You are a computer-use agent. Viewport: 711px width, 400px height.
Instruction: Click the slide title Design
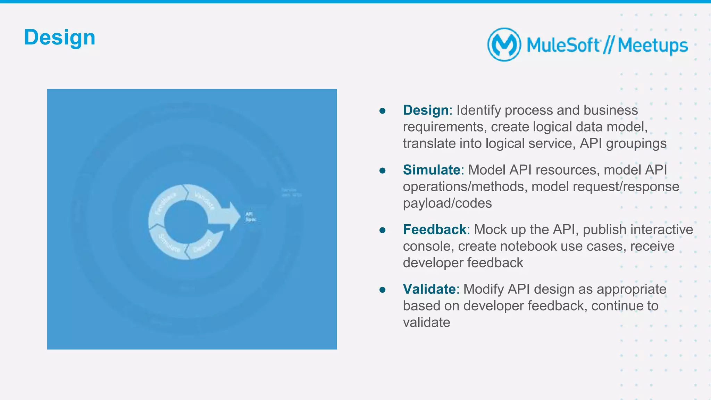tap(59, 37)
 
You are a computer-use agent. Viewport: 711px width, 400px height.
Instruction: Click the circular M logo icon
tap(504, 45)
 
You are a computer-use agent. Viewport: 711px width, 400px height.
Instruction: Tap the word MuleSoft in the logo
tap(563, 45)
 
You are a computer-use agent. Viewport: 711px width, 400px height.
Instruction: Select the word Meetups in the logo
tap(653, 45)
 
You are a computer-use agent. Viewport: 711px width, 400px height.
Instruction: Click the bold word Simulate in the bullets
tap(432, 170)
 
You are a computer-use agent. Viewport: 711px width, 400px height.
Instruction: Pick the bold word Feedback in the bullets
tap(434, 230)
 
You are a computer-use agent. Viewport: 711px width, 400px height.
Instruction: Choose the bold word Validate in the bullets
tap(429, 289)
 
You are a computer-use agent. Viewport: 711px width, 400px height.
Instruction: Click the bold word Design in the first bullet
tap(426, 110)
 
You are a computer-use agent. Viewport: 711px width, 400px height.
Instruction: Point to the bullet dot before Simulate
tap(383, 170)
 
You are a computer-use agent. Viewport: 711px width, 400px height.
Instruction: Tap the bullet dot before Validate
tap(383, 290)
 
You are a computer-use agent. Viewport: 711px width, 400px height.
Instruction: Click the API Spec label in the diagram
tap(250, 217)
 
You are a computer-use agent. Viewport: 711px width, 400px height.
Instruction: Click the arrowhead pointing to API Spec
tap(233, 216)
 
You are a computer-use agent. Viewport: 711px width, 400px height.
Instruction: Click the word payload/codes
tap(447, 203)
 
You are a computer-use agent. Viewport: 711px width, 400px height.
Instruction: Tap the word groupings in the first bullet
tap(636, 143)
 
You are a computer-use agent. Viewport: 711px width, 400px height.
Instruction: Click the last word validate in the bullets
tap(426, 322)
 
